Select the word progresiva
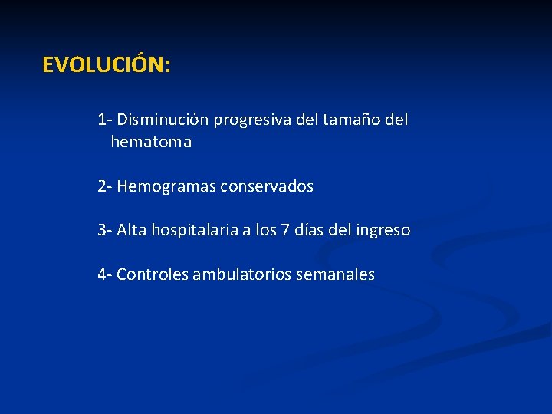[x=248, y=120]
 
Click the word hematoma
[x=151, y=143]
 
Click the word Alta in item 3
[x=132, y=230]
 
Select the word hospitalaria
[x=195, y=230]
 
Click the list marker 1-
[x=104, y=120]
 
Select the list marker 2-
[x=105, y=186]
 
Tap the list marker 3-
[x=105, y=230]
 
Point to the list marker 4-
[x=105, y=274]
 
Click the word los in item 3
[x=267, y=230]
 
